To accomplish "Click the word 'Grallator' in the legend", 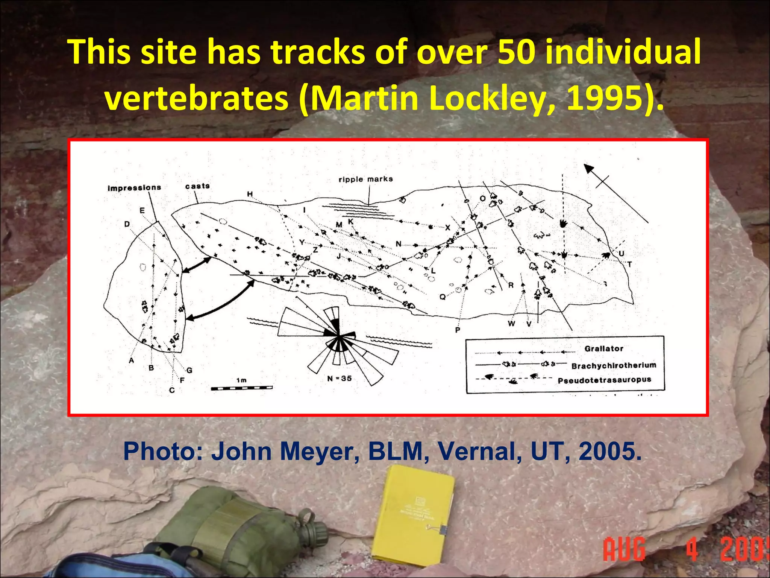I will (x=603, y=348).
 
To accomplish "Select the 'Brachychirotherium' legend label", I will (x=614, y=365).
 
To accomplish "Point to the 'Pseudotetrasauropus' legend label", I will (x=604, y=380).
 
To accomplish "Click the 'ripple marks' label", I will (x=365, y=179).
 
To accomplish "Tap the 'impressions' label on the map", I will (x=134, y=187).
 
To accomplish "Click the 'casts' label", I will (x=197, y=186).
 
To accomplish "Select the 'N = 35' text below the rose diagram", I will (x=339, y=378).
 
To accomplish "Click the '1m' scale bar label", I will (x=241, y=380).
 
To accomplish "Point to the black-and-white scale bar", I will (x=241, y=388).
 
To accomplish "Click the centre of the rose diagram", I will (x=338, y=335).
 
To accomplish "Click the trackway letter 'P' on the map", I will (x=457, y=330).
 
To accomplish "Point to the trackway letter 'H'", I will (x=250, y=194).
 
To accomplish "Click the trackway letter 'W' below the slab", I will (x=511, y=323).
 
